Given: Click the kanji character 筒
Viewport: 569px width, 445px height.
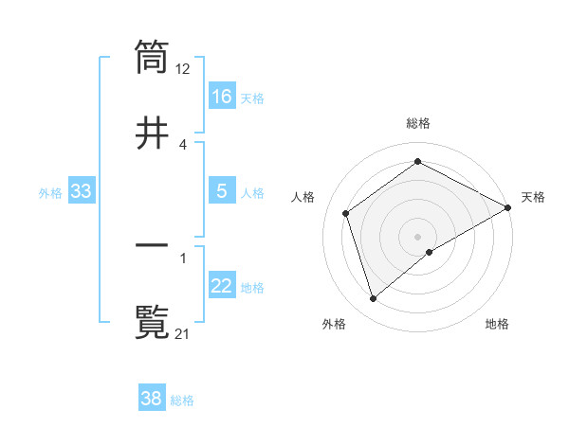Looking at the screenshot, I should (152, 56).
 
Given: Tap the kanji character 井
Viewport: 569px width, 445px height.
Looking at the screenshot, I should (152, 132).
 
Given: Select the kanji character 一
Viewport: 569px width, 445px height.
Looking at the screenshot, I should (152, 245).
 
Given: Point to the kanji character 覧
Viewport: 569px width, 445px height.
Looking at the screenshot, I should (152, 321).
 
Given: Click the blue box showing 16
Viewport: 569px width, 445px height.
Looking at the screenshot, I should (222, 96).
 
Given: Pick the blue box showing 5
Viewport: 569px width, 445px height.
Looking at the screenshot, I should (222, 191).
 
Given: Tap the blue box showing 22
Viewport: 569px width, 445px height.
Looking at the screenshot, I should (222, 286).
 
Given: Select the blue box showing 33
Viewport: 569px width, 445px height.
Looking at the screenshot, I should (82, 191).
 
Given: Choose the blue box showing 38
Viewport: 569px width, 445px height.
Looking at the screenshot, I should (152, 399).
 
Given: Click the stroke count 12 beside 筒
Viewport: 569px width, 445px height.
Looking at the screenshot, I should (183, 68).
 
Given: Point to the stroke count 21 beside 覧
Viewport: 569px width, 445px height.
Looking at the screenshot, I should (183, 333).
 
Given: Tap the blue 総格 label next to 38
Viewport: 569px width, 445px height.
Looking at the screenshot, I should (182, 400).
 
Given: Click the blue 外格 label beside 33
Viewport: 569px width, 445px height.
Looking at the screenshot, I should (50, 192).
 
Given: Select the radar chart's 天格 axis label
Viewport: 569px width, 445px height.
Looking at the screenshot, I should (533, 197).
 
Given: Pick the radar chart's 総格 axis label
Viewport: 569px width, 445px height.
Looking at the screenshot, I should (418, 123).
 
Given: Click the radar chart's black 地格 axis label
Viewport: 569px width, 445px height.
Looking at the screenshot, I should (497, 324).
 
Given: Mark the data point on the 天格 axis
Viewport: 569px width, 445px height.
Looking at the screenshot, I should (508, 207).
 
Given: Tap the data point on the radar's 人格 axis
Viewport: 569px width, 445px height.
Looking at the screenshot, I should (346, 213).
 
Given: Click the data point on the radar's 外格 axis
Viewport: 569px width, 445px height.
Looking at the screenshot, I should (374, 299).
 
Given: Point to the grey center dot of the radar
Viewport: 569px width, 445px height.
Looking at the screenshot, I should (418, 236).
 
